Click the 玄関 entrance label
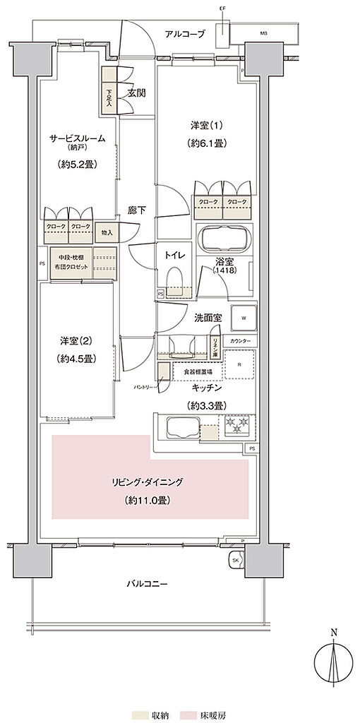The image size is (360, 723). (137, 93)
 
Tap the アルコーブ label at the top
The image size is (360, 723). (184, 34)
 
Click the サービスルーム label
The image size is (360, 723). (78, 138)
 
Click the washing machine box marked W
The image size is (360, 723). (244, 317)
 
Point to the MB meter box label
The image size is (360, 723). (263, 33)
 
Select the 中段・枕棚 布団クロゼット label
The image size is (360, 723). (69, 262)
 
